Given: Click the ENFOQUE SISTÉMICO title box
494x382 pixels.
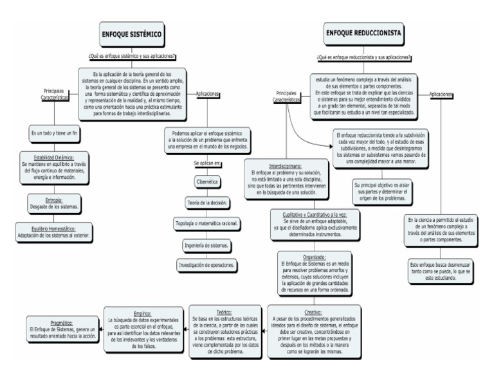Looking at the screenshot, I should tap(131, 33).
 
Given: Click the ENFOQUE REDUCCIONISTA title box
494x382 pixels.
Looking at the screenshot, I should tap(365, 33).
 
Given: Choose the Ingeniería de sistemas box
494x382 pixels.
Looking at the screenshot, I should tap(207, 244).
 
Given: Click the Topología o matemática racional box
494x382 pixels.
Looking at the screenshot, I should tap(207, 224).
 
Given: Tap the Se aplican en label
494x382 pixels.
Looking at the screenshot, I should tap(207, 163).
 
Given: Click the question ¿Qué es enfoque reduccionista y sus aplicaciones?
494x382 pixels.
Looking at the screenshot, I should tap(365, 59).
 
